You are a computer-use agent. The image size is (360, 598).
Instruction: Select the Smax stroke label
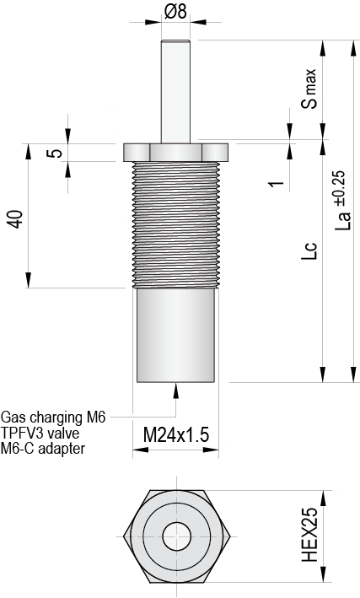[x=309, y=89]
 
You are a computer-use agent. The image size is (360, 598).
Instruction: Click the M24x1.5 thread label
[x=175, y=435]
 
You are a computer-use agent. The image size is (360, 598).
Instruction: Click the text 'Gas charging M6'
[x=54, y=417]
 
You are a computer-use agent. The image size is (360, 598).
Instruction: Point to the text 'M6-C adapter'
[x=43, y=448]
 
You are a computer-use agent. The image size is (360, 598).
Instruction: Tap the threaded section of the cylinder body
[x=176, y=224]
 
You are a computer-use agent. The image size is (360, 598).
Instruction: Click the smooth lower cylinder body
[x=176, y=333]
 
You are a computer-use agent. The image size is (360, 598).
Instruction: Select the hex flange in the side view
[x=176, y=152]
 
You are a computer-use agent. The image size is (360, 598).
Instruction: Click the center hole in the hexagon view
[x=176, y=535]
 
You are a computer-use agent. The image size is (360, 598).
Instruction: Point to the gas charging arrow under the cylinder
[x=176, y=390]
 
